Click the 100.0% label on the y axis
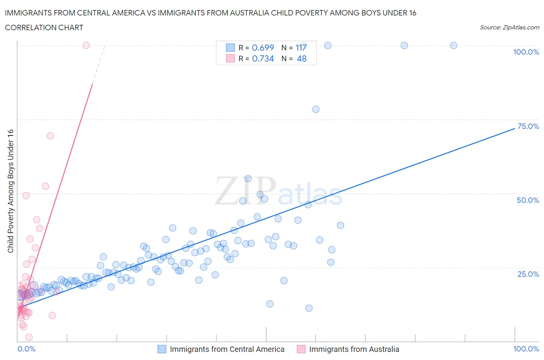pyautogui.click(x=526, y=52)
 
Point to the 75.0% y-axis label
pyautogui.click(x=528, y=126)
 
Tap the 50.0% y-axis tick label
pyautogui.click(x=528, y=200)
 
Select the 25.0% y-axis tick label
pyautogui.click(x=528, y=274)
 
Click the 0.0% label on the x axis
pyautogui.click(x=26, y=349)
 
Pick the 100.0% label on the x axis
pyautogui.click(x=526, y=349)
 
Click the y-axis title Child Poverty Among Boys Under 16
pyautogui.click(x=10, y=191)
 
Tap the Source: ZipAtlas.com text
pyautogui.click(x=509, y=27)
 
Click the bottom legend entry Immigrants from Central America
pyautogui.click(x=227, y=349)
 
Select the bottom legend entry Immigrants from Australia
pyautogui.click(x=354, y=349)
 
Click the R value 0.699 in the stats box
pyautogui.click(x=263, y=48)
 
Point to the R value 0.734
pyautogui.click(x=263, y=58)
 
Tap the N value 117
pyautogui.click(x=301, y=48)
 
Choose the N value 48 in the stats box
pyautogui.click(x=301, y=58)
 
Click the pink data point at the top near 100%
pyautogui.click(x=86, y=45)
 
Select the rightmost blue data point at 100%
pyautogui.click(x=453, y=45)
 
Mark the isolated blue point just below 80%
pyautogui.click(x=316, y=109)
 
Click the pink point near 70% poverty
pyautogui.click(x=50, y=136)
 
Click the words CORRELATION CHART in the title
pyautogui.click(x=44, y=27)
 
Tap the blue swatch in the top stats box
pyautogui.click(x=230, y=48)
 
